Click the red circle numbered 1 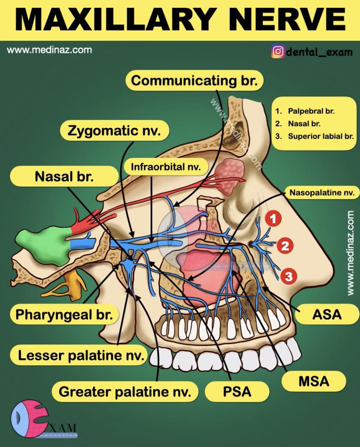[x=273, y=219]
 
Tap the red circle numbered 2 [x=285, y=246]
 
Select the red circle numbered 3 [x=289, y=276]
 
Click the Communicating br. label [x=194, y=81]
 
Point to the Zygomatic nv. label [x=114, y=131]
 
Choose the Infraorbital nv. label [x=166, y=167]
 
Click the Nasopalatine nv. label [x=322, y=193]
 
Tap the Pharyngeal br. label [x=64, y=314]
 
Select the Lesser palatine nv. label [x=81, y=355]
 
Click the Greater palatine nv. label [x=125, y=391]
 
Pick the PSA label [x=237, y=391]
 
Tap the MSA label [x=314, y=381]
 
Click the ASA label [x=327, y=314]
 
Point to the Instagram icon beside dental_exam [x=278, y=52]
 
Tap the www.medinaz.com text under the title [x=49, y=50]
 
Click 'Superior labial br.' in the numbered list [x=320, y=136]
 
